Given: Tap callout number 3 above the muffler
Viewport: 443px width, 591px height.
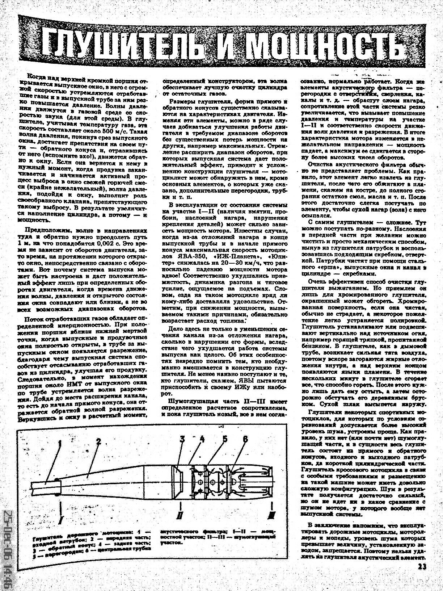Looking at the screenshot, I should coord(182,439).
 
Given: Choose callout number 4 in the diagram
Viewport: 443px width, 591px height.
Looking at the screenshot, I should coord(202,439).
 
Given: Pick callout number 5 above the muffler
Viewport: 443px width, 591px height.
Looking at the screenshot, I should coord(225,439).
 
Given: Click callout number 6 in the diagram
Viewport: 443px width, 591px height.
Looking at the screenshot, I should coord(246,439).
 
